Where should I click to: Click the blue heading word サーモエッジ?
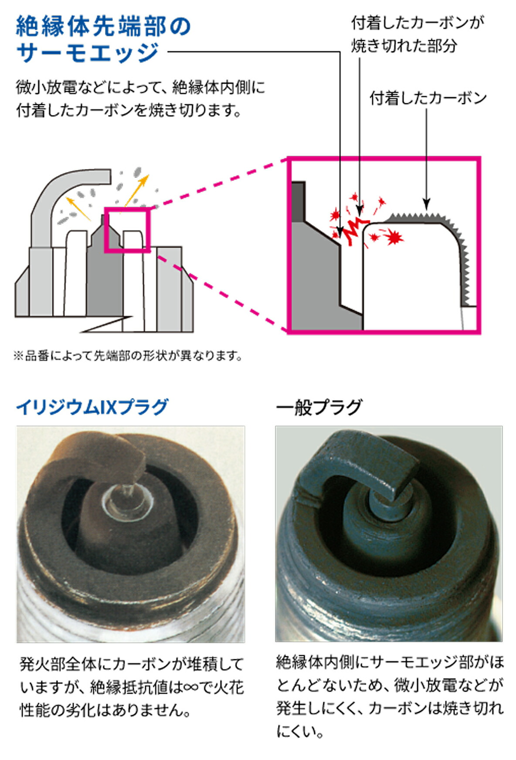click(87, 53)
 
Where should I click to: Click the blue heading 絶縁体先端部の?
click(103, 26)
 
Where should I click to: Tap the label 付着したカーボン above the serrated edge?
click(428, 98)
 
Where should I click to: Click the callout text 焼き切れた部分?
click(404, 45)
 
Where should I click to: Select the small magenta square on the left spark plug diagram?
click(127, 230)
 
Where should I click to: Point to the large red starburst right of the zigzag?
click(395, 237)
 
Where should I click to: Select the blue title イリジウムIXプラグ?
click(92, 407)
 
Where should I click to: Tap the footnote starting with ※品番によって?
click(128, 356)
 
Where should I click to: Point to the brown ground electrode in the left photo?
click(96, 458)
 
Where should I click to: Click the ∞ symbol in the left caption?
click(191, 688)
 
